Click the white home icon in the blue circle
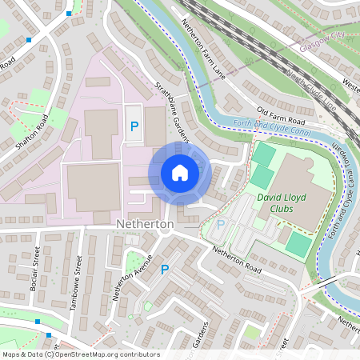(x=180, y=172)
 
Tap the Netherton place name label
(x=145, y=225)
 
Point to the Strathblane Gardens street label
(x=169, y=109)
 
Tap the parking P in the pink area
(x=134, y=126)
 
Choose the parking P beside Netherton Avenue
(x=165, y=270)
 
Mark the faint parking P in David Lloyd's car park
(x=220, y=225)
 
